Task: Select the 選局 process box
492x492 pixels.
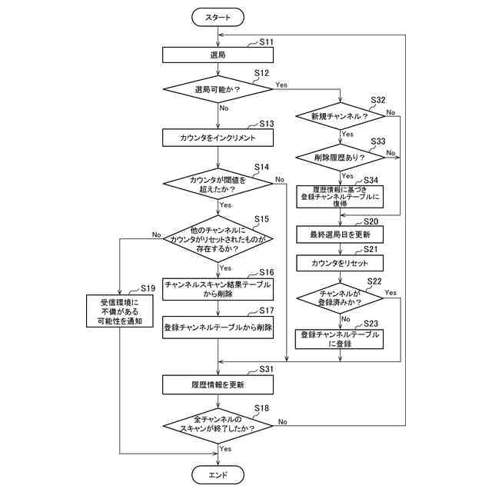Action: (218, 55)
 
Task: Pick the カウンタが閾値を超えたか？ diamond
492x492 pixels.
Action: (218, 184)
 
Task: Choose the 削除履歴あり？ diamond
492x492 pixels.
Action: (339, 157)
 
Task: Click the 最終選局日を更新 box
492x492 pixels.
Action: (339, 233)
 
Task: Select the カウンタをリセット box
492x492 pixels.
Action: (339, 263)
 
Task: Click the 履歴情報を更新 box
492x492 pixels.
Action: (218, 384)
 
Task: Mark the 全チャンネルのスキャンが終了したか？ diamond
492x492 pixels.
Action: (218, 424)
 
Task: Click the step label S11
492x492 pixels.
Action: (266, 42)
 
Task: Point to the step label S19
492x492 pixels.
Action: (148, 288)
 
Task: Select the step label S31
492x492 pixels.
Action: (266, 370)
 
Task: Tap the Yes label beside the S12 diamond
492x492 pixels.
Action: (281, 84)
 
